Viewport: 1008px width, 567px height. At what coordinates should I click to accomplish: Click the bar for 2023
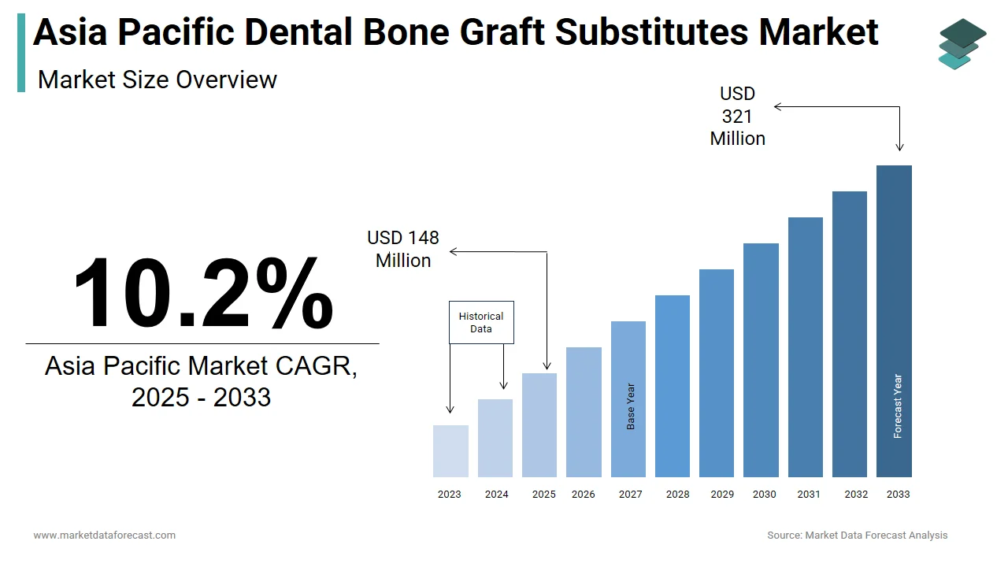450,451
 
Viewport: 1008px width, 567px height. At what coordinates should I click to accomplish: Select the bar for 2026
584,412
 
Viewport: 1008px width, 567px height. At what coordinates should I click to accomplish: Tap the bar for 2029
717,373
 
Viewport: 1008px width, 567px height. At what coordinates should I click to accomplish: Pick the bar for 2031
806,347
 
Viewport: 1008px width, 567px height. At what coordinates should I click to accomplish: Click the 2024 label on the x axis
496,494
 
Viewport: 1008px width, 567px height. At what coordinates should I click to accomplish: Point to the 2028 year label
678,494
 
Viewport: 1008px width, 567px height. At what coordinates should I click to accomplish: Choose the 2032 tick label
856,494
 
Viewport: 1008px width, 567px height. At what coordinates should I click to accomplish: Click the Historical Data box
481,322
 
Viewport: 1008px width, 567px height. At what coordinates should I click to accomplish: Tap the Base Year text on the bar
631,406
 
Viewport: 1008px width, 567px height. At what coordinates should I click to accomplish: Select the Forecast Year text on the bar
898,406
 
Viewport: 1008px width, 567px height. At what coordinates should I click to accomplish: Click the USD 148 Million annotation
403,249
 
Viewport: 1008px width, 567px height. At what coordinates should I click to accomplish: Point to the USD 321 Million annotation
738,116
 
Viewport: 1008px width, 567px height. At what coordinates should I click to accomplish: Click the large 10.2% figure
203,292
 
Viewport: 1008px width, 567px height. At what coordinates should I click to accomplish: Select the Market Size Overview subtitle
157,80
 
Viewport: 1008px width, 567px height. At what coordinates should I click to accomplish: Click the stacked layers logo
962,43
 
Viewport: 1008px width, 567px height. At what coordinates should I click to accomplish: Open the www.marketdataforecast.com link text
105,535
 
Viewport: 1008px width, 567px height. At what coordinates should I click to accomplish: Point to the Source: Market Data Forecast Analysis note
858,535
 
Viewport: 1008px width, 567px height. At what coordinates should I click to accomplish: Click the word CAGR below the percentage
316,365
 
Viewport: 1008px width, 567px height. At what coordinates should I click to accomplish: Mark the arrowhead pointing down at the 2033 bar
899,147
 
